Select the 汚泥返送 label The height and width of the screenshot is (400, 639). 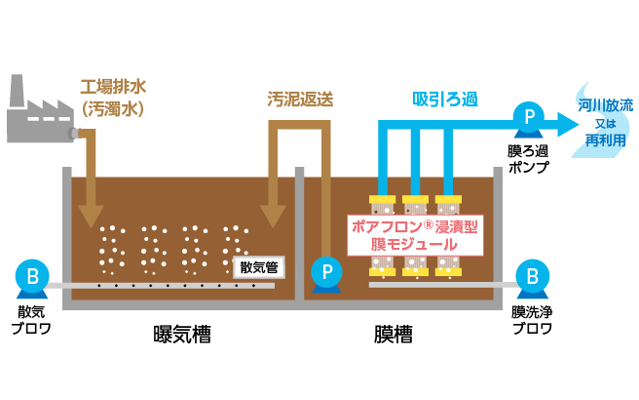point(300,99)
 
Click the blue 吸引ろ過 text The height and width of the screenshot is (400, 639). point(444,99)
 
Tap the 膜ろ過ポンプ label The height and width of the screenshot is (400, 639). point(529,159)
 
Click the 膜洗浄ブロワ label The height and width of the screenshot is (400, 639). point(532,319)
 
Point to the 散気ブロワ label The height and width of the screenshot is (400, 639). point(32,319)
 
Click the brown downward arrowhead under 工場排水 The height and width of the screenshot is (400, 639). point(93,212)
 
